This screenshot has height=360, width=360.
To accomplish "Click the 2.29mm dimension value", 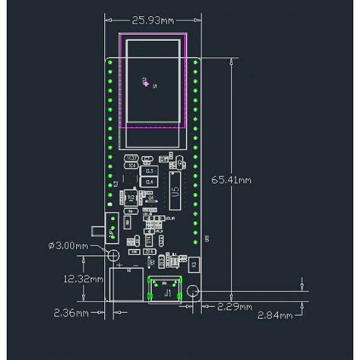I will (231, 307).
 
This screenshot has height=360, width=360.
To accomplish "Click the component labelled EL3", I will (149, 172).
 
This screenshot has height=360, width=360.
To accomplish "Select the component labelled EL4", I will (149, 183).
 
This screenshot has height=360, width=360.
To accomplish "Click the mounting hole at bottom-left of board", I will (112, 255).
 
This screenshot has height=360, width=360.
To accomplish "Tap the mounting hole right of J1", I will (194, 292).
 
